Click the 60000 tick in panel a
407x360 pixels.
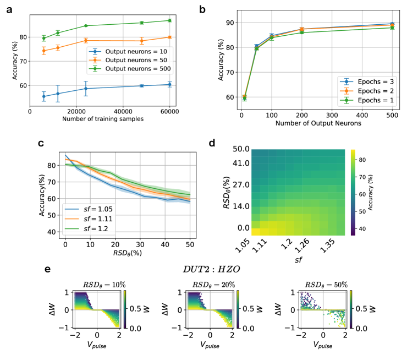pos(170,112)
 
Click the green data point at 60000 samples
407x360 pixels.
pos(170,20)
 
